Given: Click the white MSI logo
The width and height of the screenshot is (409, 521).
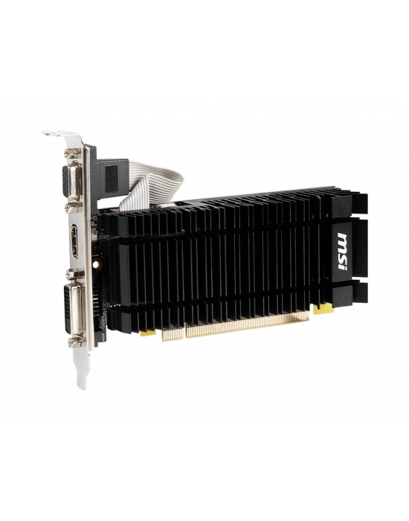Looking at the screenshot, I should [344, 243].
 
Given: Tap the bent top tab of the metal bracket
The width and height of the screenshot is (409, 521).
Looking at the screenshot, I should [54, 134].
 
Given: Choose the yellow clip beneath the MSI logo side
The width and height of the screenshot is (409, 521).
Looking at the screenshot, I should [322, 307].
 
